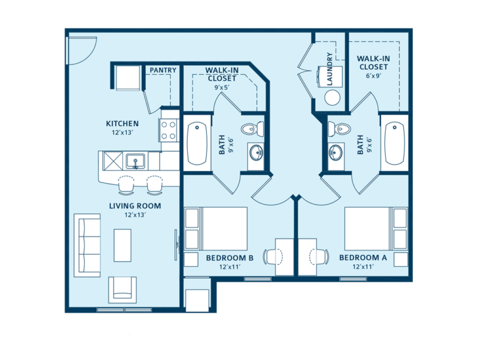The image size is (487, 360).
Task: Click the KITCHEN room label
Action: point(122,124)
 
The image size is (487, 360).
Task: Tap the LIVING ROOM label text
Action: point(134,206)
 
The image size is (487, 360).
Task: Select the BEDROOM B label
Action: point(230,258)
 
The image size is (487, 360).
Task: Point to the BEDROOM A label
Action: point(363,258)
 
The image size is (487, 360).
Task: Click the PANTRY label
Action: point(162,70)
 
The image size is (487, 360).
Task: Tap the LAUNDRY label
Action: point(329,68)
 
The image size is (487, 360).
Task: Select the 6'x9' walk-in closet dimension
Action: point(373,76)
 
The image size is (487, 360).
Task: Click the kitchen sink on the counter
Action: point(135,160)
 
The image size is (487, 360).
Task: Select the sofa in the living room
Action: point(88,245)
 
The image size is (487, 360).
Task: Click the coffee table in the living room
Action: point(122,245)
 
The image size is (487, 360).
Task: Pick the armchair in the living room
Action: point(122,290)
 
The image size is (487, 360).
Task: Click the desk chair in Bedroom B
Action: point(273,257)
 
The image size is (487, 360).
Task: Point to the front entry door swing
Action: point(81,49)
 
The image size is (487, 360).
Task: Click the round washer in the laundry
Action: point(332,98)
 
